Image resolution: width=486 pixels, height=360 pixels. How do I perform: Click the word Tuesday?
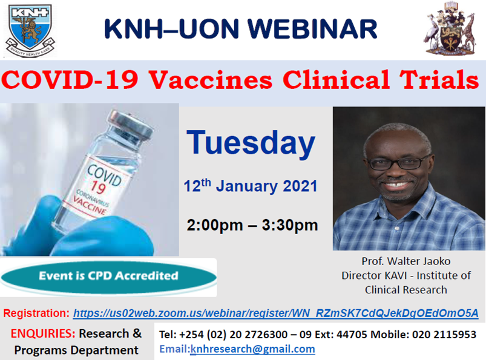pos(251,143)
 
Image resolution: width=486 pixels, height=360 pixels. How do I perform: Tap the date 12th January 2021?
pos(251,186)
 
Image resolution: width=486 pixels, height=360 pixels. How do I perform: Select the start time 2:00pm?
pos(215,226)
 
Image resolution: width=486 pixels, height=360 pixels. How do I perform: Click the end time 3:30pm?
pos(289,226)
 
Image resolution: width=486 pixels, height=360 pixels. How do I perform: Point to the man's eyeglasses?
pos(396,162)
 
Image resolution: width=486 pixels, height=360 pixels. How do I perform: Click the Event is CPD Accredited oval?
pos(108,276)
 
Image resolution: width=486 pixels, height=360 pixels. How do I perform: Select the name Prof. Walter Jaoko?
pos(406,261)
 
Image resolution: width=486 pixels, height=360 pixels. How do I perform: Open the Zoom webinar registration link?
pos(276,313)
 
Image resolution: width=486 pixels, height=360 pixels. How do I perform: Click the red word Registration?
pos(36,313)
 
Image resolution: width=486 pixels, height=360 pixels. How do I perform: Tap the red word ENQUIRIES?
pos(42,333)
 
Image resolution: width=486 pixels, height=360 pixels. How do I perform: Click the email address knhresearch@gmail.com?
pos(252,349)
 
